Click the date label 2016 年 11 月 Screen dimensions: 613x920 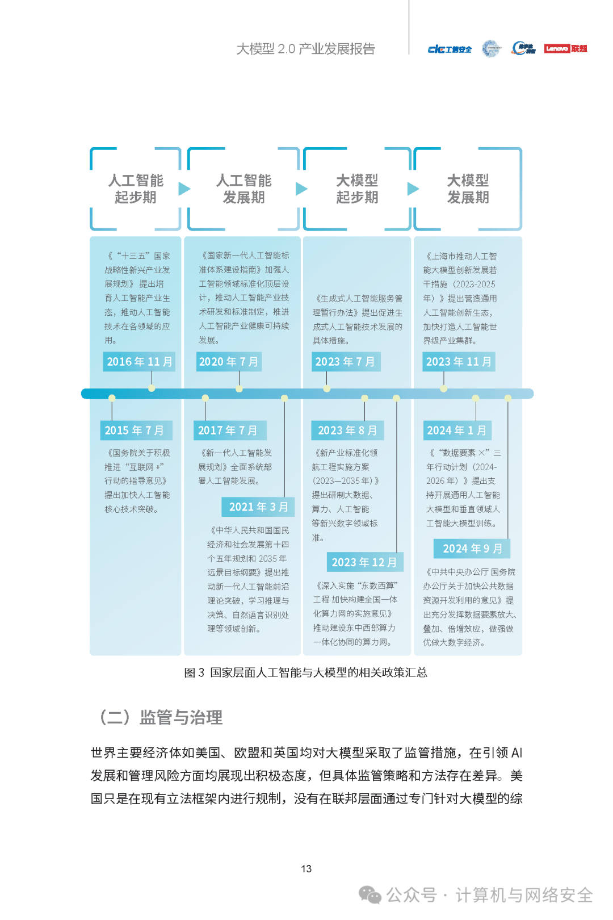(x=139, y=361)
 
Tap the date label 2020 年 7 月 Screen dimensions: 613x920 (x=229, y=361)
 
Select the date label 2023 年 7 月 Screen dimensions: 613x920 (x=346, y=361)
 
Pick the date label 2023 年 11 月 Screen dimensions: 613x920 (x=459, y=361)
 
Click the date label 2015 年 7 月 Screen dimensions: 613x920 (x=136, y=430)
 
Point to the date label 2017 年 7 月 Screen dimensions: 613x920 (x=230, y=430)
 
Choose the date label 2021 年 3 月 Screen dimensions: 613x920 (x=258, y=507)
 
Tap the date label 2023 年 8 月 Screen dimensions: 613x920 (x=347, y=430)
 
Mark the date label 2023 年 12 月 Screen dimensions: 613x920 (x=365, y=562)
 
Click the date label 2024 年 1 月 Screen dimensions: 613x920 (x=457, y=430)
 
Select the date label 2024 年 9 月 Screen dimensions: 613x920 (x=472, y=548)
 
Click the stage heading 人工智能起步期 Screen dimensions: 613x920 (x=136, y=189)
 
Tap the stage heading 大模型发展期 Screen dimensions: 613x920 (x=468, y=189)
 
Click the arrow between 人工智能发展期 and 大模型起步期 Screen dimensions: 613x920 (x=301, y=189)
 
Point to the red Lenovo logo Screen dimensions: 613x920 (x=565, y=48)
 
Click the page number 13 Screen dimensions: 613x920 (x=306, y=869)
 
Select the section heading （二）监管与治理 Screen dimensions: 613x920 (x=161, y=717)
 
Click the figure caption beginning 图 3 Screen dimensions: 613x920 (x=306, y=672)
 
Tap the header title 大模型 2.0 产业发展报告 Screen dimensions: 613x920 (x=306, y=49)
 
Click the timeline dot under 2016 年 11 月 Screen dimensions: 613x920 (x=152, y=388)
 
